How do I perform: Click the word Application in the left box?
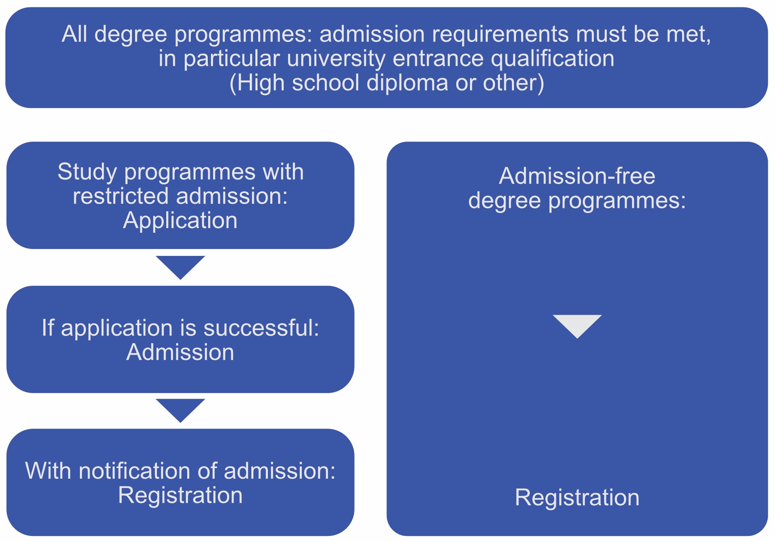180,221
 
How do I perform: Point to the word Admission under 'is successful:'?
180,352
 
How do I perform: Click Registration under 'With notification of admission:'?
180,495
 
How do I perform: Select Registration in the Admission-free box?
577,498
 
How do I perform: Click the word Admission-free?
577,176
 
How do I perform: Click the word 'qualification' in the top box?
553,59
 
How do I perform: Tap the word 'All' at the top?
74,34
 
